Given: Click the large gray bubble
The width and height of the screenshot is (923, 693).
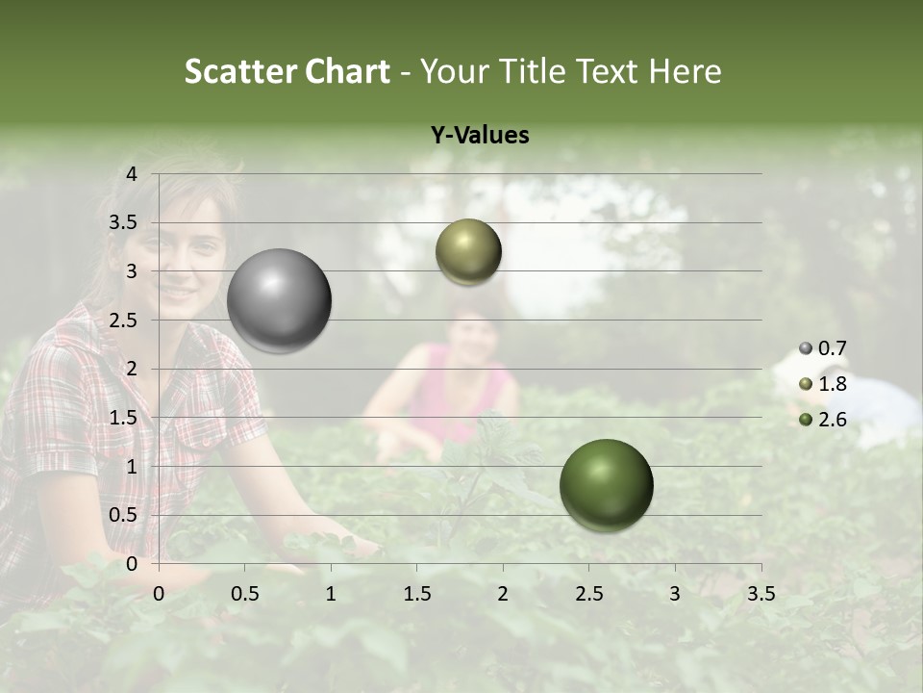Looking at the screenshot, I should pos(280,300).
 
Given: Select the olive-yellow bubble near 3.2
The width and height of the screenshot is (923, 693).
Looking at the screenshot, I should pos(468,251).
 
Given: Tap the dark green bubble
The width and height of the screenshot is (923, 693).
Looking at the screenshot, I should pos(606,485).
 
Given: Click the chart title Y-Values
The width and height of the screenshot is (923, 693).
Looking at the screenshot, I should pos(479,136).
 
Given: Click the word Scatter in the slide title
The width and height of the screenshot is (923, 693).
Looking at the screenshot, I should pos(239,71).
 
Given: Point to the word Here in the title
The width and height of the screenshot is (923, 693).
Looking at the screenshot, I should pos(685,71).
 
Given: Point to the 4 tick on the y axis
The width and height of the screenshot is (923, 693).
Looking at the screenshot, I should pos(132,174).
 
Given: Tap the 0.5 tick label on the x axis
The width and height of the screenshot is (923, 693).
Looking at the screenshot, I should pos(245,594).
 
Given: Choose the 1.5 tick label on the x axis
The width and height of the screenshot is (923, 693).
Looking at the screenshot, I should pos(416,594).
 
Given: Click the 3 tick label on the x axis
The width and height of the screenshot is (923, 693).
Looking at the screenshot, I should pos(674,594).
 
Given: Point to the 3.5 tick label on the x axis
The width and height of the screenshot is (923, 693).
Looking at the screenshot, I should pos(761,594).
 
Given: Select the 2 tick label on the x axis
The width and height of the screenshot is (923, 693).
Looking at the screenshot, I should pos(502,594).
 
